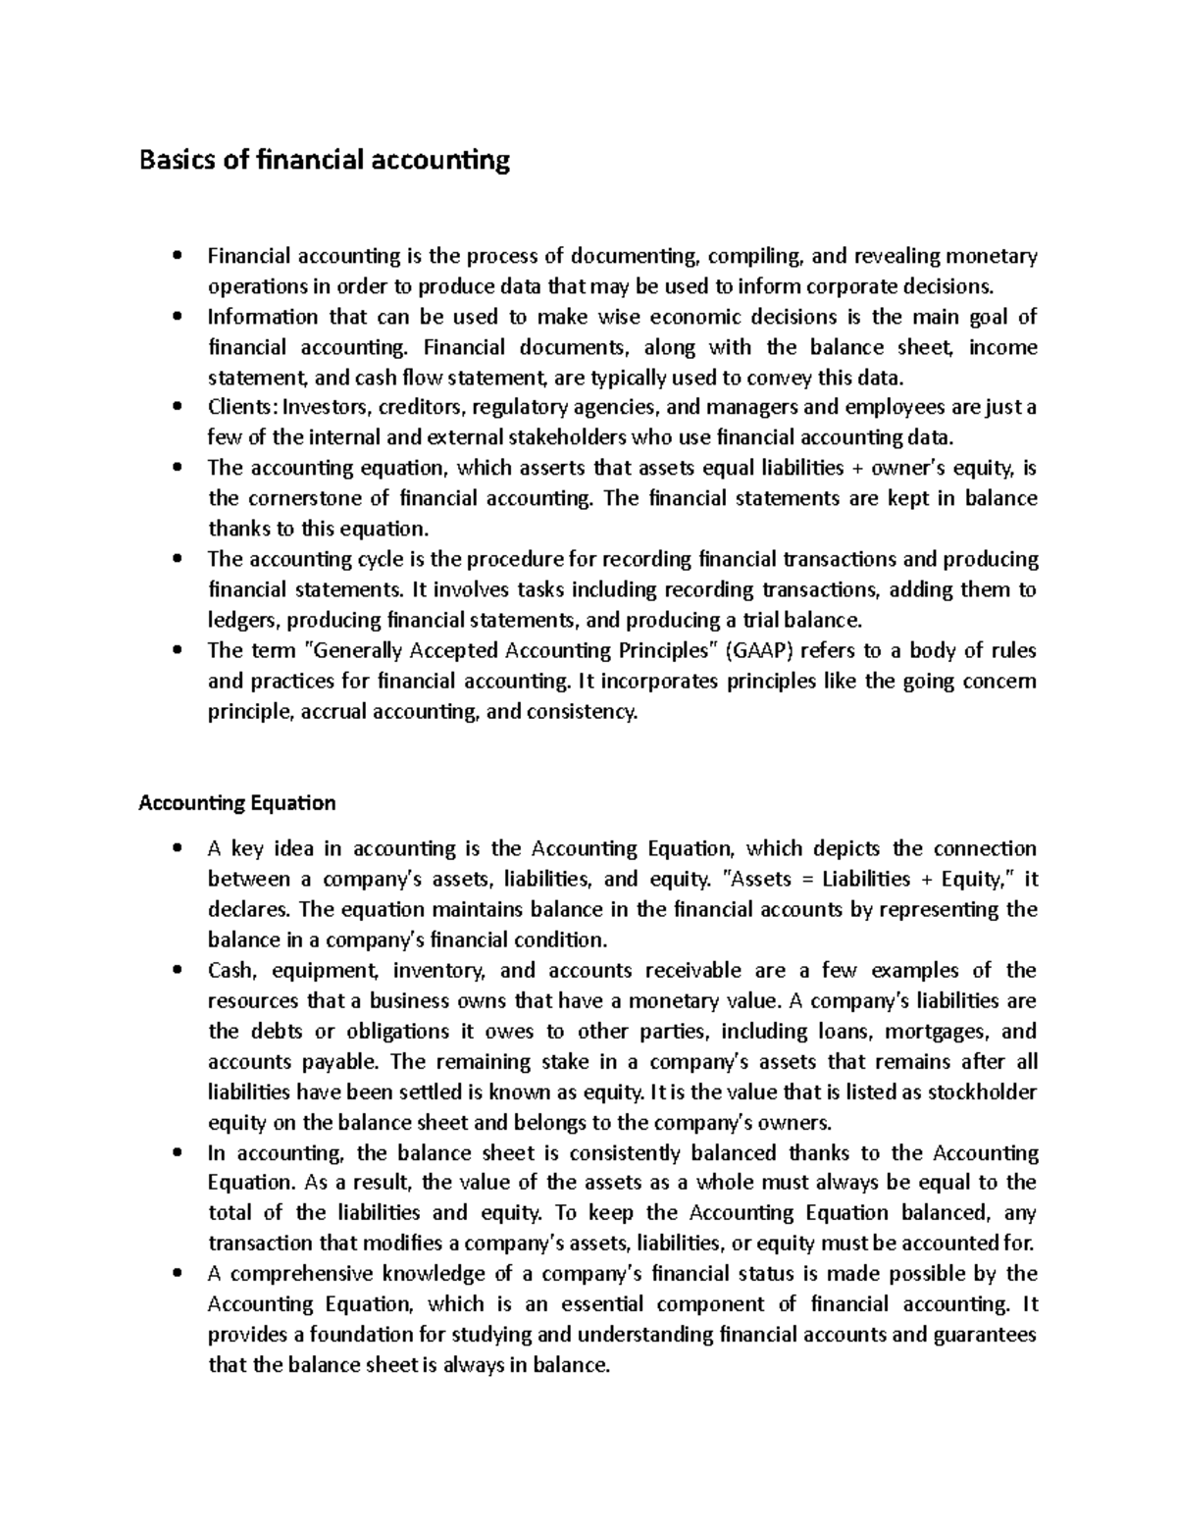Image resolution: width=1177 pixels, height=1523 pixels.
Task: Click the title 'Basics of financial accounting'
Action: pos(325,160)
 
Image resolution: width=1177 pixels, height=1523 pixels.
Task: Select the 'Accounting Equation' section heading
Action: pos(237,803)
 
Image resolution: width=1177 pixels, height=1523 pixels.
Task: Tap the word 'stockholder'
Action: pos(982,1092)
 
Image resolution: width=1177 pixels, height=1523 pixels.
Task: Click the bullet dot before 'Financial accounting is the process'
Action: pos(177,257)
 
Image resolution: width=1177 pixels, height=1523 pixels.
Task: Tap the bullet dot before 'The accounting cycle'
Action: pos(177,559)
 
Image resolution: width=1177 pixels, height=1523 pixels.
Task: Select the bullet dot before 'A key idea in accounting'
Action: pos(177,848)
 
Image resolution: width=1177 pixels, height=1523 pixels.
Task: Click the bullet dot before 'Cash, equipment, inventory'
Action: pos(177,971)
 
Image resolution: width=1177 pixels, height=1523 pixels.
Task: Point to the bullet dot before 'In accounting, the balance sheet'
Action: pos(177,1153)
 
